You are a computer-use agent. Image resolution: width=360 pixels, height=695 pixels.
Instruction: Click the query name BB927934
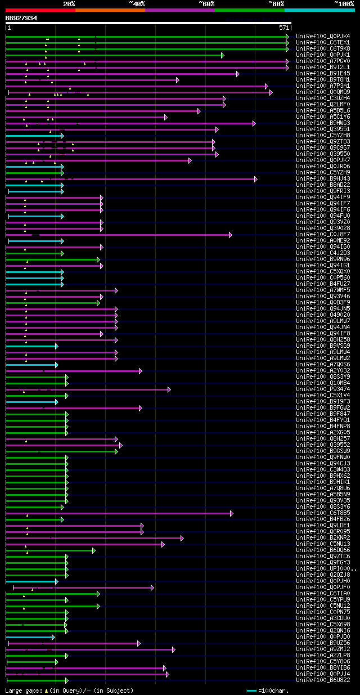(21, 18)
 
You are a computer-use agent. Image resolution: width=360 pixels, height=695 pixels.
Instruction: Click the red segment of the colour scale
(40, 10)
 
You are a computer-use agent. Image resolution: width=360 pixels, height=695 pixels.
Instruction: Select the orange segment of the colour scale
(110, 10)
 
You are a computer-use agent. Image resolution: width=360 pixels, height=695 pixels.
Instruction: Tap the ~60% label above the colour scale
(206, 3)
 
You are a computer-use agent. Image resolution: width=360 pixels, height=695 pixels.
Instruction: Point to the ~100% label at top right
(344, 3)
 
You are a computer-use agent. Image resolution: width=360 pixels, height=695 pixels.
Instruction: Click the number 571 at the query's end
(283, 28)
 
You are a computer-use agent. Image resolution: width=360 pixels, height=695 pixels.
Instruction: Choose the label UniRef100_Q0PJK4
(322, 37)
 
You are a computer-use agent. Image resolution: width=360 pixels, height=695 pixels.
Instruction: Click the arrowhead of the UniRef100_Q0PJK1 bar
(223, 55)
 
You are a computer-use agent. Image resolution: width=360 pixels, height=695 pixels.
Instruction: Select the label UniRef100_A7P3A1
(322, 86)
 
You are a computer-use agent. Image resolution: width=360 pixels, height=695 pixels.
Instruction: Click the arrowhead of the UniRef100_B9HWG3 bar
(254, 123)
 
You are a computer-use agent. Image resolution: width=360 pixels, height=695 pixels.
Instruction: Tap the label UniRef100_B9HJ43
(322, 179)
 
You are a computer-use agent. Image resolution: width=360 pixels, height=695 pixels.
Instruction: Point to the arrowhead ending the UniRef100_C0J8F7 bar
(231, 235)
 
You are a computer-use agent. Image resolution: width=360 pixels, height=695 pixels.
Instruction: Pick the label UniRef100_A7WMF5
(322, 290)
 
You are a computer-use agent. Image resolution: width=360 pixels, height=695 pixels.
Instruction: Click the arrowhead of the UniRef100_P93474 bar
(169, 389)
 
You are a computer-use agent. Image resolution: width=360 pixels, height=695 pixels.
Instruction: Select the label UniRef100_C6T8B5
(322, 513)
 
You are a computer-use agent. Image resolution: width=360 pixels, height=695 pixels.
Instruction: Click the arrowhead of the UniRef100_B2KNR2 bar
(182, 538)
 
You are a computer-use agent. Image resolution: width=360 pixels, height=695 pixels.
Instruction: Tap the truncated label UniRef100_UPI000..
(323, 569)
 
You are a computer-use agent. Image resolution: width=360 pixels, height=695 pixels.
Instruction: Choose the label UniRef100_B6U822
(322, 680)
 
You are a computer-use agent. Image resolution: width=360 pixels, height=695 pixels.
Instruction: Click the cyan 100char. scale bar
(251, 690)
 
